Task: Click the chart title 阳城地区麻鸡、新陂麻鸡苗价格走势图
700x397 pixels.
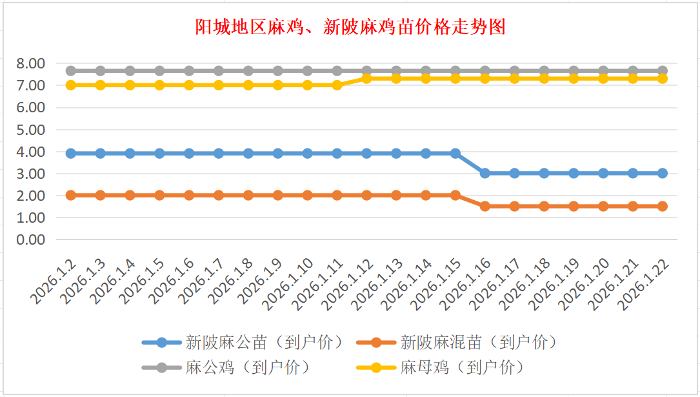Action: pyautogui.click(x=350, y=27)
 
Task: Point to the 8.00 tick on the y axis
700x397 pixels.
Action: pyautogui.click(x=30, y=63)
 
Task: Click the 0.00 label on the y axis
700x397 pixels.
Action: pyautogui.click(x=30, y=239)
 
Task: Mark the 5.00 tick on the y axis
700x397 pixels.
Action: pyautogui.click(x=30, y=130)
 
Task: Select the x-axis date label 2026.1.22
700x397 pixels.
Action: pyautogui.click(x=643, y=284)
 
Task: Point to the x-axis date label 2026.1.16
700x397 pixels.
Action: pyautogui.click(x=465, y=284)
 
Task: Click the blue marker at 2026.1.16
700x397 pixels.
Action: pyautogui.click(x=485, y=173)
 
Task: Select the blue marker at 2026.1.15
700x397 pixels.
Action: pyautogui.click(x=455, y=154)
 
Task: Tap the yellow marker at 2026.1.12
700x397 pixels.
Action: pyautogui.click(x=366, y=78)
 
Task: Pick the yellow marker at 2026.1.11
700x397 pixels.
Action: pyautogui.click(x=337, y=85)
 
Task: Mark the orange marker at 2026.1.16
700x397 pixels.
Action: pyautogui.click(x=485, y=207)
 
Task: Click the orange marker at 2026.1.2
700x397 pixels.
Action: pyautogui.click(x=71, y=195)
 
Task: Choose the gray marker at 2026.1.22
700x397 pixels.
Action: pyautogui.click(x=663, y=71)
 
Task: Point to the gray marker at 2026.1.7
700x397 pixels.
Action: pyautogui.click(x=219, y=71)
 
